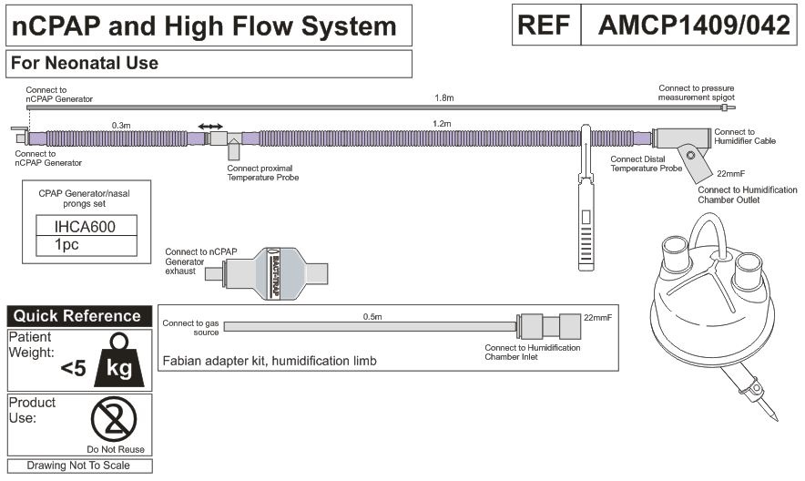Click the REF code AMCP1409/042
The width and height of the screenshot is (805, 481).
[693, 26]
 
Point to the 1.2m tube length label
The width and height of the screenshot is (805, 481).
[443, 123]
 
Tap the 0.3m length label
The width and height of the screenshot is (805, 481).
[121, 123]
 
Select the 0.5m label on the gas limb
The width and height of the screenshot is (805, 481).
[372, 316]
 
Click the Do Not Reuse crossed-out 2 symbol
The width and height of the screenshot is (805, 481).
[115, 420]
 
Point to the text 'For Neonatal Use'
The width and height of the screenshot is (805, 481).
[84, 64]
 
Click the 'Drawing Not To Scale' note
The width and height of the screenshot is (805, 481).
[78, 466]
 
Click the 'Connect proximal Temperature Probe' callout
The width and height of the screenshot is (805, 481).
[263, 172]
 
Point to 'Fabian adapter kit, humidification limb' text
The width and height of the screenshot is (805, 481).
[269, 362]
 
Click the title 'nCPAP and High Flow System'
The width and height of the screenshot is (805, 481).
[204, 26]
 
